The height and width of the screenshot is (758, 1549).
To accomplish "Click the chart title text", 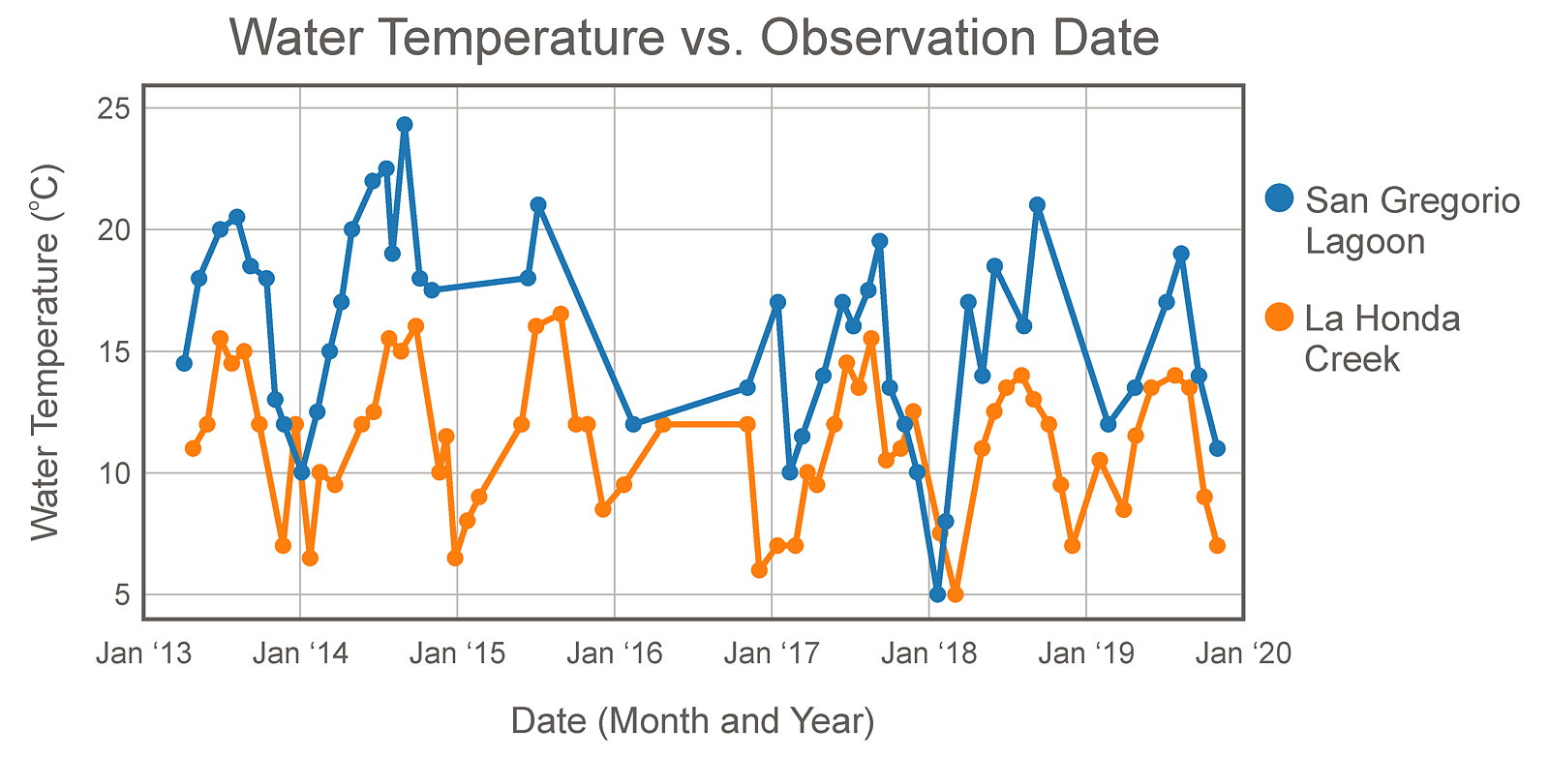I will point(694,39).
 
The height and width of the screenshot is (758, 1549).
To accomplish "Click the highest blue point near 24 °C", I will point(405,125).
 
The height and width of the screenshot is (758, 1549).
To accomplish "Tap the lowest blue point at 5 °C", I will point(936,593).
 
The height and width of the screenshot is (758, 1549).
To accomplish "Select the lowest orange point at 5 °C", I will point(955,593).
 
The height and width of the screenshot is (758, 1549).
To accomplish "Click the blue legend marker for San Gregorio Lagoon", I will point(1280,197).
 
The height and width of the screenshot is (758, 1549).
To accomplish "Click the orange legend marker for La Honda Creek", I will point(1280,317).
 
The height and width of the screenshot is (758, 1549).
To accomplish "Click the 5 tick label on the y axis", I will point(122,594).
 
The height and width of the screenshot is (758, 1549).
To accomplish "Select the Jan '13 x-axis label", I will point(143,653).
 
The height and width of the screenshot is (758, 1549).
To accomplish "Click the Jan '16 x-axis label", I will point(615,653).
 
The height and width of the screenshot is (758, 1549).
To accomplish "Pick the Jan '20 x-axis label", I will point(1243,653).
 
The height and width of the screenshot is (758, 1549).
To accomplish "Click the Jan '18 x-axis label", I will point(929,653).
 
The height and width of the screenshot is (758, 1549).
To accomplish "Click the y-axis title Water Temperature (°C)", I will point(46,351).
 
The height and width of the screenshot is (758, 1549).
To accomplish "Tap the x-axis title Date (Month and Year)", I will point(692,721).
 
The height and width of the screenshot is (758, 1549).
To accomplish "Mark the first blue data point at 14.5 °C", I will point(184,363).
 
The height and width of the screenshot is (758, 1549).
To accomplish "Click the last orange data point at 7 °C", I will point(1217,545).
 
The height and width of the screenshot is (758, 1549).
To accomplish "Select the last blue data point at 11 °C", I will point(1217,448).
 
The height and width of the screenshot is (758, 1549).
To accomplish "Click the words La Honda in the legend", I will point(1382,318).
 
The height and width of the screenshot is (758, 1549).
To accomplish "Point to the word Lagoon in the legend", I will point(1364,241).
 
